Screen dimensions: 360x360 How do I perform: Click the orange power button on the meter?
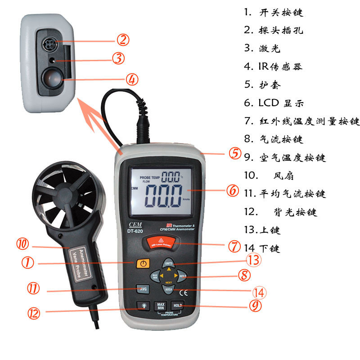click(x=143, y=264)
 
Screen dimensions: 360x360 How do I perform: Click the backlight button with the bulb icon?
click(x=143, y=306)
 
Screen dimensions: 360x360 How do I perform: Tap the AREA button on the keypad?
click(x=169, y=289)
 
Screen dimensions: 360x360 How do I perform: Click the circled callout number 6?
click(x=232, y=191)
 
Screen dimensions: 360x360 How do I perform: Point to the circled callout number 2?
click(x=123, y=40)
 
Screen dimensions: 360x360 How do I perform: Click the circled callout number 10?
click(x=22, y=244)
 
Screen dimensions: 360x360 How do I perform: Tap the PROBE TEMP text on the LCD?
click(x=149, y=176)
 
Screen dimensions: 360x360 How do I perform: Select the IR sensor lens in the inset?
click(x=51, y=78)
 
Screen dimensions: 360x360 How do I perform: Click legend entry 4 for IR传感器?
click(x=273, y=67)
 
